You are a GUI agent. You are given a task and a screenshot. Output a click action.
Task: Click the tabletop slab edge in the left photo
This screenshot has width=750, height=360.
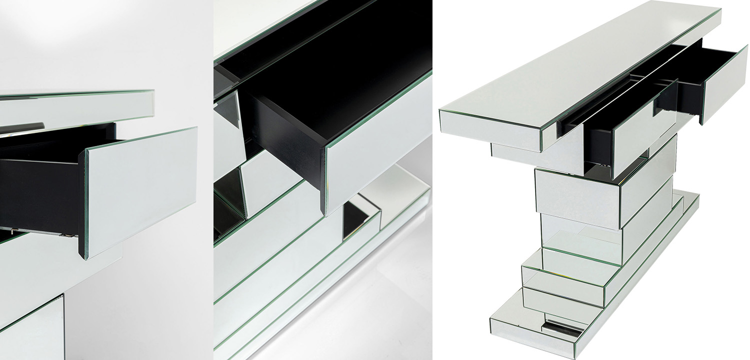[x=75, y=107]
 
